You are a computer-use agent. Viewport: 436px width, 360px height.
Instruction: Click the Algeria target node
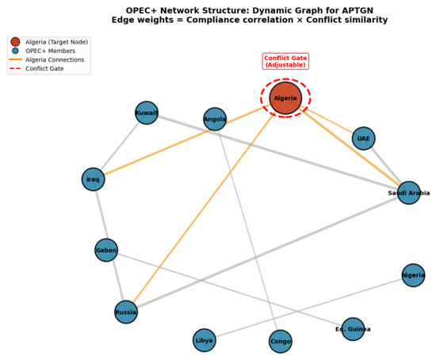click(x=285, y=98)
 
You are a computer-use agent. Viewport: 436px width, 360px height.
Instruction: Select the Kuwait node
click(x=147, y=113)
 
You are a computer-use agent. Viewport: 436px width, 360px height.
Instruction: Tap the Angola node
click(x=215, y=119)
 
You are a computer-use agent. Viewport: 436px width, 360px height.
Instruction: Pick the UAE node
click(x=363, y=138)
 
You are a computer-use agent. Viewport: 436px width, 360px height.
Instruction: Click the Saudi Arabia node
click(x=409, y=193)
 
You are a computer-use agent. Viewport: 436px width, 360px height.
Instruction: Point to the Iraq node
click(x=94, y=179)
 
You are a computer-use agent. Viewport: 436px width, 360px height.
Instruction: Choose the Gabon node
click(x=106, y=250)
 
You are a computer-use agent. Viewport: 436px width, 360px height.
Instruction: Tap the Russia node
click(x=126, y=312)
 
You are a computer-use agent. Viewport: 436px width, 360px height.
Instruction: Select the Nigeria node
click(x=414, y=275)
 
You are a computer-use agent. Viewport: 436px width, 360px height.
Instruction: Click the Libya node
click(x=205, y=340)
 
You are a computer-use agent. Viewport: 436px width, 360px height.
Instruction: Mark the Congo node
click(x=281, y=341)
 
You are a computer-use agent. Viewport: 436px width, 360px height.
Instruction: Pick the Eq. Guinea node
click(x=353, y=329)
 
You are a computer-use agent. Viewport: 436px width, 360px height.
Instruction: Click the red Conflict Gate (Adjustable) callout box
click(x=285, y=61)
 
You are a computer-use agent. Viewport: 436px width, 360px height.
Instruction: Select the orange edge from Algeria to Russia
click(x=204, y=208)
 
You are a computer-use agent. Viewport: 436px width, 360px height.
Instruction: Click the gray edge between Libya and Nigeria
click(x=309, y=308)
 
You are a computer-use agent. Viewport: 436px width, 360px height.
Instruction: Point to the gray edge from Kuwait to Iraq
click(x=120, y=146)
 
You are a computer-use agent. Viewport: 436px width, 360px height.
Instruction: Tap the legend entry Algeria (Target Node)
click(x=49, y=42)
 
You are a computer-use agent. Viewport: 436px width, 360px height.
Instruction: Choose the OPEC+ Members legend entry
click(x=43, y=51)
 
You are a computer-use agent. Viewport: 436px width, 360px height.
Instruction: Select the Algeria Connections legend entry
click(x=47, y=59)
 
